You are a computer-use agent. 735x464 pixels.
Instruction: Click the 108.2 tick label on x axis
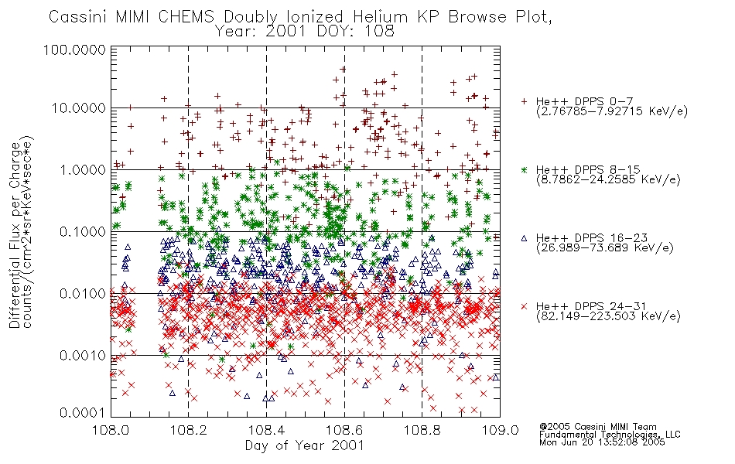pyautogui.click(x=189, y=430)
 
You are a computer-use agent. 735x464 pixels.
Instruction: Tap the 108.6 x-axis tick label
pyautogui.click(x=344, y=430)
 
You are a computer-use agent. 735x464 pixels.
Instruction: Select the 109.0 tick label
pyautogui.click(x=500, y=430)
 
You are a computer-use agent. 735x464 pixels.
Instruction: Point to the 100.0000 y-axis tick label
pyautogui.click(x=74, y=49)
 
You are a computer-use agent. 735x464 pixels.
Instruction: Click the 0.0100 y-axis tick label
pyautogui.click(x=83, y=294)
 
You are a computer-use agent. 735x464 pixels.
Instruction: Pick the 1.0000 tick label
pyautogui.click(x=83, y=169)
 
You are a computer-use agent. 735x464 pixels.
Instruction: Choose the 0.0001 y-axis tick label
pyautogui.click(x=83, y=413)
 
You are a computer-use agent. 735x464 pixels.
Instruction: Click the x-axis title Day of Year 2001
pyautogui.click(x=304, y=445)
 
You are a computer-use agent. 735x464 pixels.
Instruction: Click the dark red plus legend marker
pyautogui.click(x=524, y=101)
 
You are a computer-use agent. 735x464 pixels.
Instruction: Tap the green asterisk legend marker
pyautogui.click(x=524, y=169)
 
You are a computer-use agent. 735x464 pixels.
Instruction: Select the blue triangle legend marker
pyautogui.click(x=524, y=238)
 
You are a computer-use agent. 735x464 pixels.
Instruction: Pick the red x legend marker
pyautogui.click(x=524, y=306)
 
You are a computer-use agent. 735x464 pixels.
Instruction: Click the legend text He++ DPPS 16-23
pyautogui.click(x=592, y=238)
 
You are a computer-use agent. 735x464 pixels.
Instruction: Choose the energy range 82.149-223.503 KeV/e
pyautogui.click(x=608, y=316)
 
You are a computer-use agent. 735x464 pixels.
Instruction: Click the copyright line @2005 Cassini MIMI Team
pyautogui.click(x=597, y=427)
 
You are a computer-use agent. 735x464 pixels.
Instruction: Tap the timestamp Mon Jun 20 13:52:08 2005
pyautogui.click(x=602, y=442)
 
